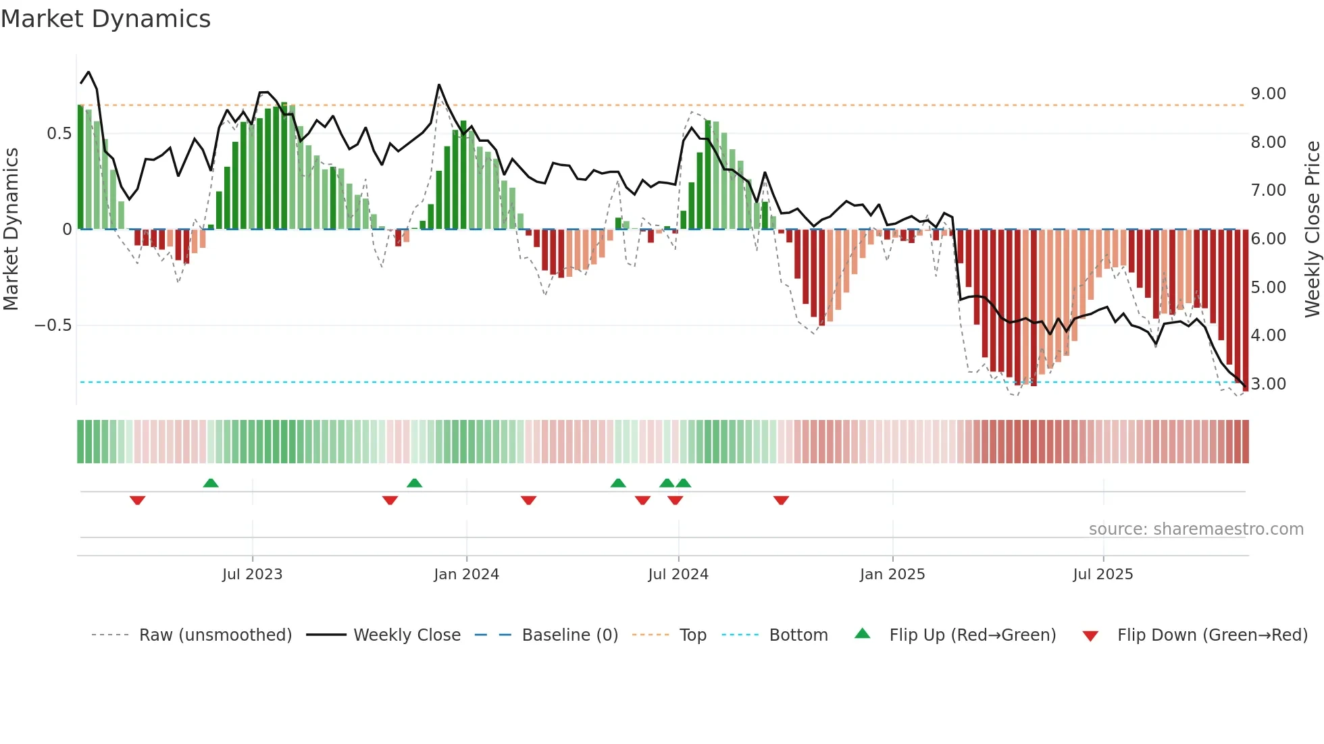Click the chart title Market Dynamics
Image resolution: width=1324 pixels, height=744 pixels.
[105, 19]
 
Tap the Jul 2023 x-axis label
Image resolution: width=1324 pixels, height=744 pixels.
[252, 575]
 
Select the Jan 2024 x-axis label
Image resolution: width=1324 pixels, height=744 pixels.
[466, 575]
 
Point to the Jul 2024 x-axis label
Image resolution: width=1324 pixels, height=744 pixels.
[678, 575]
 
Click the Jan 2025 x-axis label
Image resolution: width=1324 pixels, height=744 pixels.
[892, 575]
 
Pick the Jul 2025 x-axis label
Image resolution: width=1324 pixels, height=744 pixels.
[1103, 575]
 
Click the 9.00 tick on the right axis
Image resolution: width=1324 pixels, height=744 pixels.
[1268, 94]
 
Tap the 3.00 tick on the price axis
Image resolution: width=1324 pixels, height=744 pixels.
[1268, 384]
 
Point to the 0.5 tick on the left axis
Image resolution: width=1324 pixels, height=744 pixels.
[59, 134]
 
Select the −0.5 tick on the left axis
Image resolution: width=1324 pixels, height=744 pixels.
[53, 325]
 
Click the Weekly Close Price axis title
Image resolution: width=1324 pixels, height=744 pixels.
[1312, 229]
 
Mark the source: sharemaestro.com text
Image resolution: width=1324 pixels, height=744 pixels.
[1196, 529]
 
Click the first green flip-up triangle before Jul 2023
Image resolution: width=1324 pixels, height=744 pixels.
[211, 483]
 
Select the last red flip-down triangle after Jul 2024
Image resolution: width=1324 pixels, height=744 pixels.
[781, 500]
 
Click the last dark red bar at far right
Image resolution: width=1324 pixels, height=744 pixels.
[1246, 311]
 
